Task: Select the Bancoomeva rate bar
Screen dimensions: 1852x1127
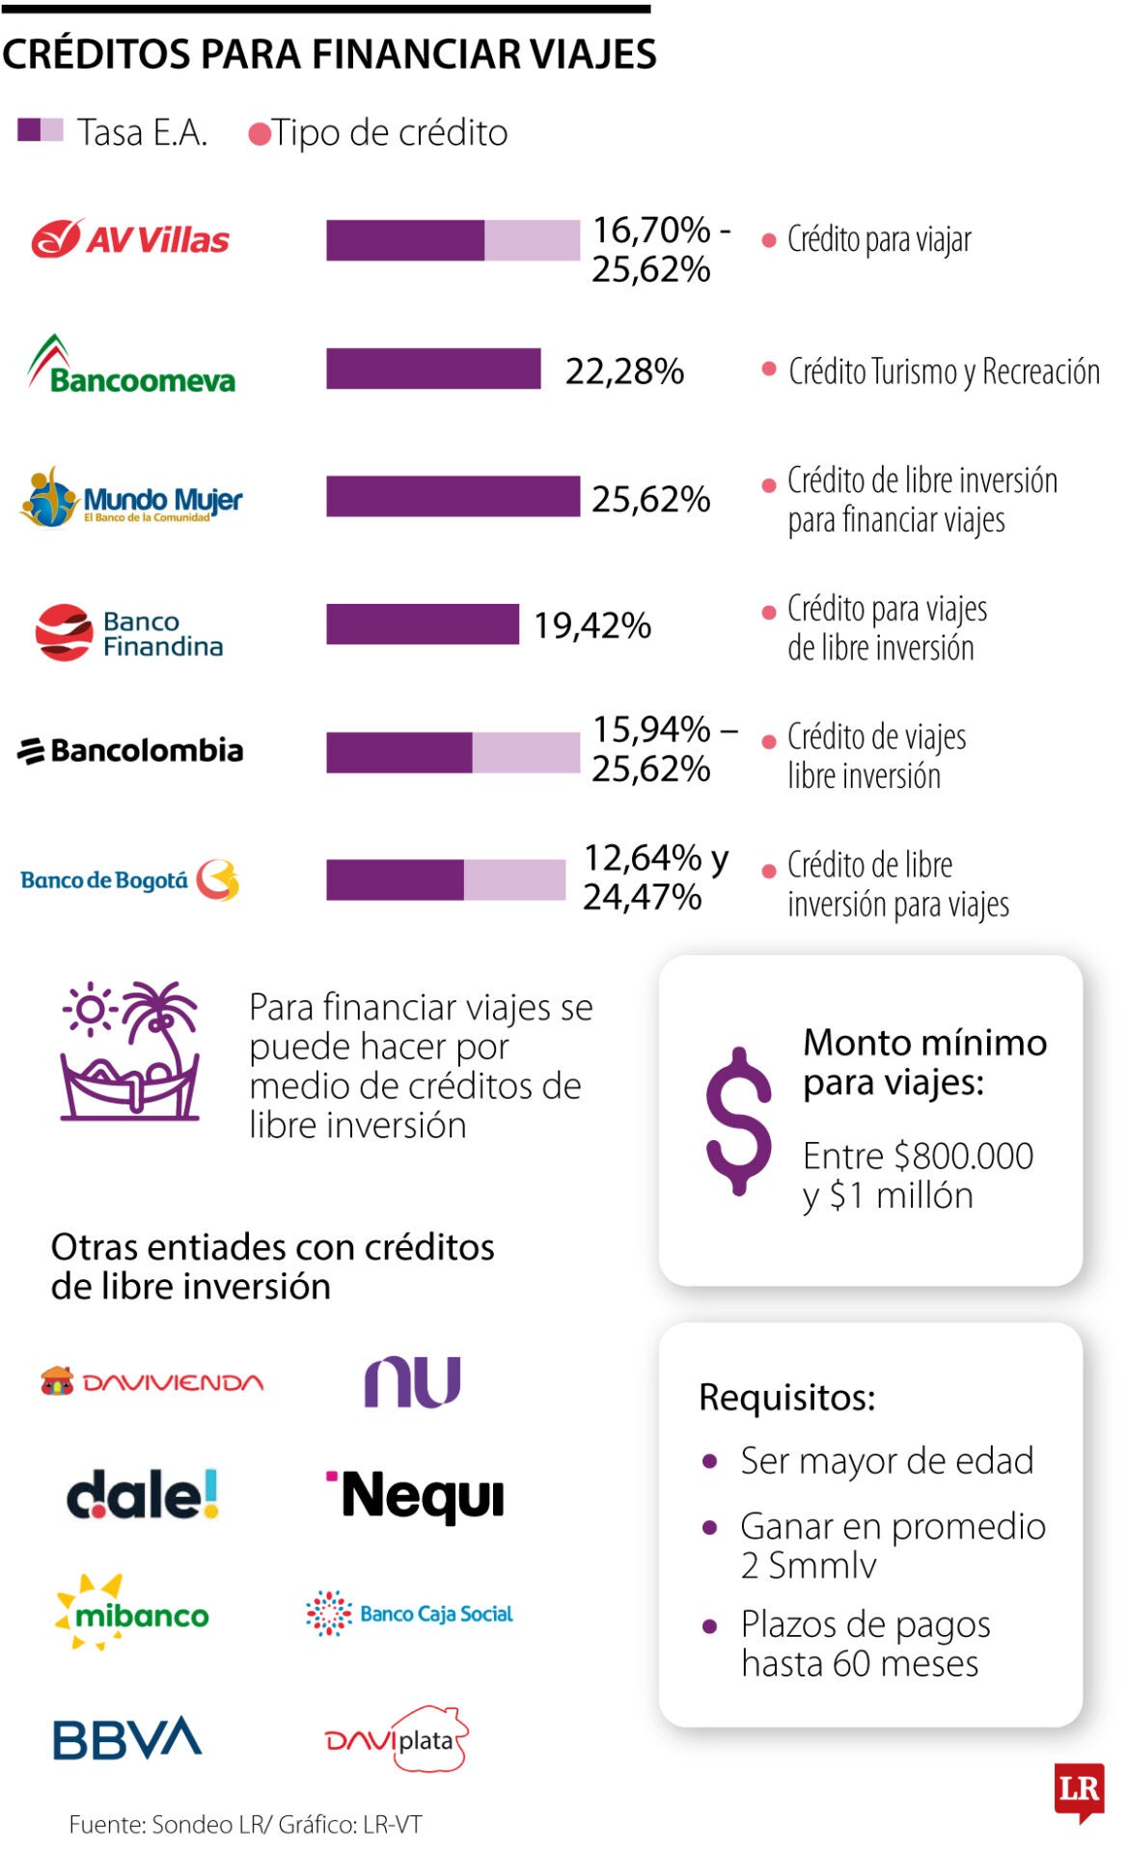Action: coord(433,368)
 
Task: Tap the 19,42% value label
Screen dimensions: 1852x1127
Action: coord(592,625)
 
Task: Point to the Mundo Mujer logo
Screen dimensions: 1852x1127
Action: coord(131,499)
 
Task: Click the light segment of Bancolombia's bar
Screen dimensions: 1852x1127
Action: coord(526,752)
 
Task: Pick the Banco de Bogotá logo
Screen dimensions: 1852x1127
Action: coord(129,880)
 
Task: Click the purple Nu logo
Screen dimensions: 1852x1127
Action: coord(412,1381)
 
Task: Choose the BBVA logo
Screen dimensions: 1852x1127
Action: coord(126,1738)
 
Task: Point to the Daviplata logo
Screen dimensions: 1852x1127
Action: coord(397,1739)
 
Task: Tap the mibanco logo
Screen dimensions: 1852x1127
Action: coord(132,1613)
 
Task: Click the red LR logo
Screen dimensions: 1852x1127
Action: coord(1079,1791)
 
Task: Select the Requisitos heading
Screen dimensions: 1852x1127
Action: coord(786,1397)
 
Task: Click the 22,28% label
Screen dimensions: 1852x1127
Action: coord(624,370)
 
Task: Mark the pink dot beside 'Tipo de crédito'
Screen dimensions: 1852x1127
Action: coord(259,134)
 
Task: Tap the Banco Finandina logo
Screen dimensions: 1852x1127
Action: coord(129,633)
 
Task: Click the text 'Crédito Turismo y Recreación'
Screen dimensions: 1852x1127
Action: coord(943,371)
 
